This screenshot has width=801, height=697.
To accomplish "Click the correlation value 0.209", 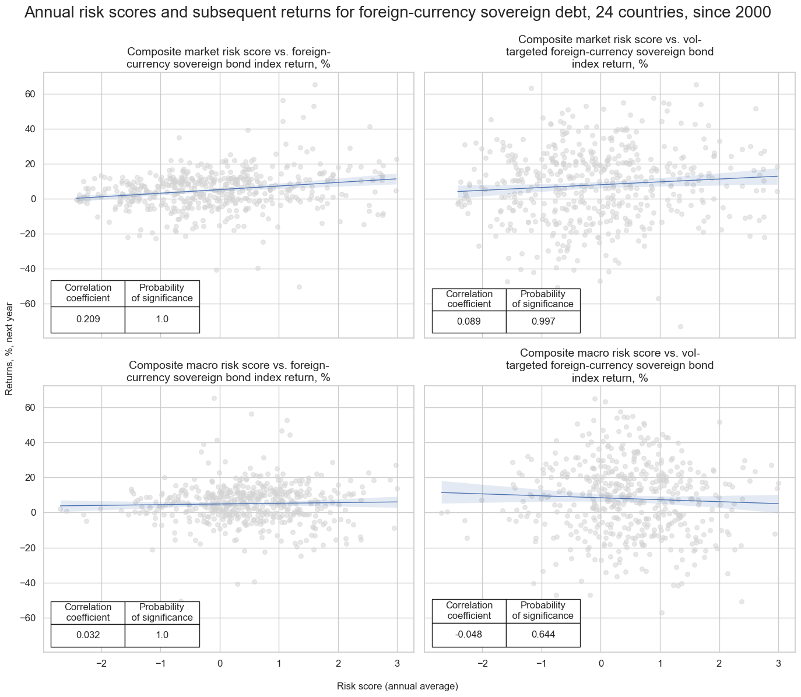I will pos(87,319).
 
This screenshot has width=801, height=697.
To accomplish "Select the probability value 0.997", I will pos(543,322).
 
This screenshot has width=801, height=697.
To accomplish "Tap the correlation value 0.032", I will pos(87,635).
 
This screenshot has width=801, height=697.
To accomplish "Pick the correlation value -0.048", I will pos(469,635).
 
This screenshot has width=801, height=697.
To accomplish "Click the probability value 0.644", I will pos(543,635).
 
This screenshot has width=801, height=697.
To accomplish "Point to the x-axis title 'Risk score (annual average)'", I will pos(398,687).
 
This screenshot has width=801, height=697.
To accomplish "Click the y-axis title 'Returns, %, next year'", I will pos(9,350).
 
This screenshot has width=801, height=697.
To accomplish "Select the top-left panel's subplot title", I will pos(229,58).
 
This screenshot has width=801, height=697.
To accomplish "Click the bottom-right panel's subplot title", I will pos(610,365).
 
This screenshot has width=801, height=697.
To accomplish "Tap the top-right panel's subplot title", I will pos(610,51).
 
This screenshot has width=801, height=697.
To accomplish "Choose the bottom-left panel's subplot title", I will pos(229,371).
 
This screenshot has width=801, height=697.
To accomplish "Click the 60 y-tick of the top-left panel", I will pos(30,94).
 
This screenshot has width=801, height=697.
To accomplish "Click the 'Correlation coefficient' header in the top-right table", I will pos(469,299).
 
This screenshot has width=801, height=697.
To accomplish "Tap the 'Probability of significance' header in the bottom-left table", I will pos(162,612).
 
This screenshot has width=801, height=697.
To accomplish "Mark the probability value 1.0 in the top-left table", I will pos(162,319).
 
